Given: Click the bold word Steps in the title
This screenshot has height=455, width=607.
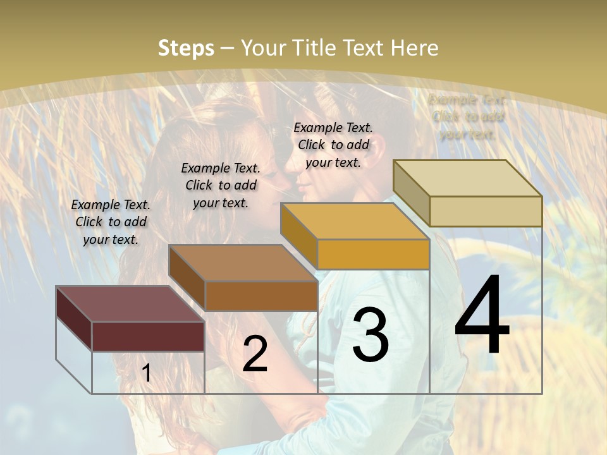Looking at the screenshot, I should pos(185,48).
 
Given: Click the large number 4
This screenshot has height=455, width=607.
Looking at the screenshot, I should pos(482,316).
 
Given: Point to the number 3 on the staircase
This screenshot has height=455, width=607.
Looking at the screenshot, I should pos(371,335).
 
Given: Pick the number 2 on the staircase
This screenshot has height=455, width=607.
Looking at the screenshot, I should pos(255,354).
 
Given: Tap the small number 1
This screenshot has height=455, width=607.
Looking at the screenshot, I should pos(147,373).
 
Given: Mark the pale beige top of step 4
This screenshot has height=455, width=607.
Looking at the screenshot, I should pos(467,178).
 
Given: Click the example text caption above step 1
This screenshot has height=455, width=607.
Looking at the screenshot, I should pos(111,222).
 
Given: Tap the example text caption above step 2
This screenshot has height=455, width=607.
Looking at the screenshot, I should pos(221,185).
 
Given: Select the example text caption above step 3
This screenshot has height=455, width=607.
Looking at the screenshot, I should pos(333,145).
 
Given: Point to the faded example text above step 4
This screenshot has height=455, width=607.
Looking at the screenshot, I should pos(467,116).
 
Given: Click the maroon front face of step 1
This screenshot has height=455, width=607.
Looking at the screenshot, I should pos(148,336).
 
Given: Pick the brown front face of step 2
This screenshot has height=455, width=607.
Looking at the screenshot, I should pos(261,296).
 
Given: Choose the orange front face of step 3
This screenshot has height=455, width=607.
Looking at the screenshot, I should pos(373,255).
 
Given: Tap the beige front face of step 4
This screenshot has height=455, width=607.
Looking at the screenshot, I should pos(486,211).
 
